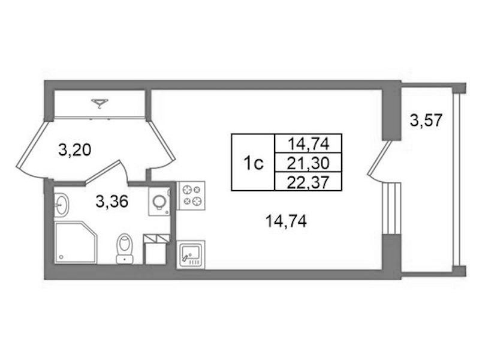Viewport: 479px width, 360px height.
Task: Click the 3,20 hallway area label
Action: (x=75, y=150)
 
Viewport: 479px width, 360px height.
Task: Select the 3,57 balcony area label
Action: (x=426, y=120)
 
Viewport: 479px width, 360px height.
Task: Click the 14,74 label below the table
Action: (x=286, y=221)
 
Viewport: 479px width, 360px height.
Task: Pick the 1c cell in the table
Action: (x=253, y=164)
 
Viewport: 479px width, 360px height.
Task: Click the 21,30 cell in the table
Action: (x=308, y=163)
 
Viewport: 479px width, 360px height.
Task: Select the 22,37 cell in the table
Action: (x=308, y=182)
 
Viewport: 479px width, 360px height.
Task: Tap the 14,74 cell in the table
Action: (x=308, y=144)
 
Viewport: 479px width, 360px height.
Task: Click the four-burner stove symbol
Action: (x=191, y=196)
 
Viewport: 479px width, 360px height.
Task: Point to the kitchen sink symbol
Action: (x=191, y=255)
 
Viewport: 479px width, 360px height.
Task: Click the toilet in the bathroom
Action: (x=125, y=248)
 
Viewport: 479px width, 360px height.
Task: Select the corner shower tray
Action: (x=76, y=243)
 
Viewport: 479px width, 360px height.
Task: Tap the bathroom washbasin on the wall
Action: (x=62, y=204)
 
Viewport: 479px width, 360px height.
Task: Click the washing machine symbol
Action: (x=159, y=202)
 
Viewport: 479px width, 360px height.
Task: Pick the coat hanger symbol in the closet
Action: (x=100, y=104)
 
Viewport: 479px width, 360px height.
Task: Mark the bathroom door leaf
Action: (x=103, y=171)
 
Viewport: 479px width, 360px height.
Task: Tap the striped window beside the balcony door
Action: (x=391, y=208)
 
